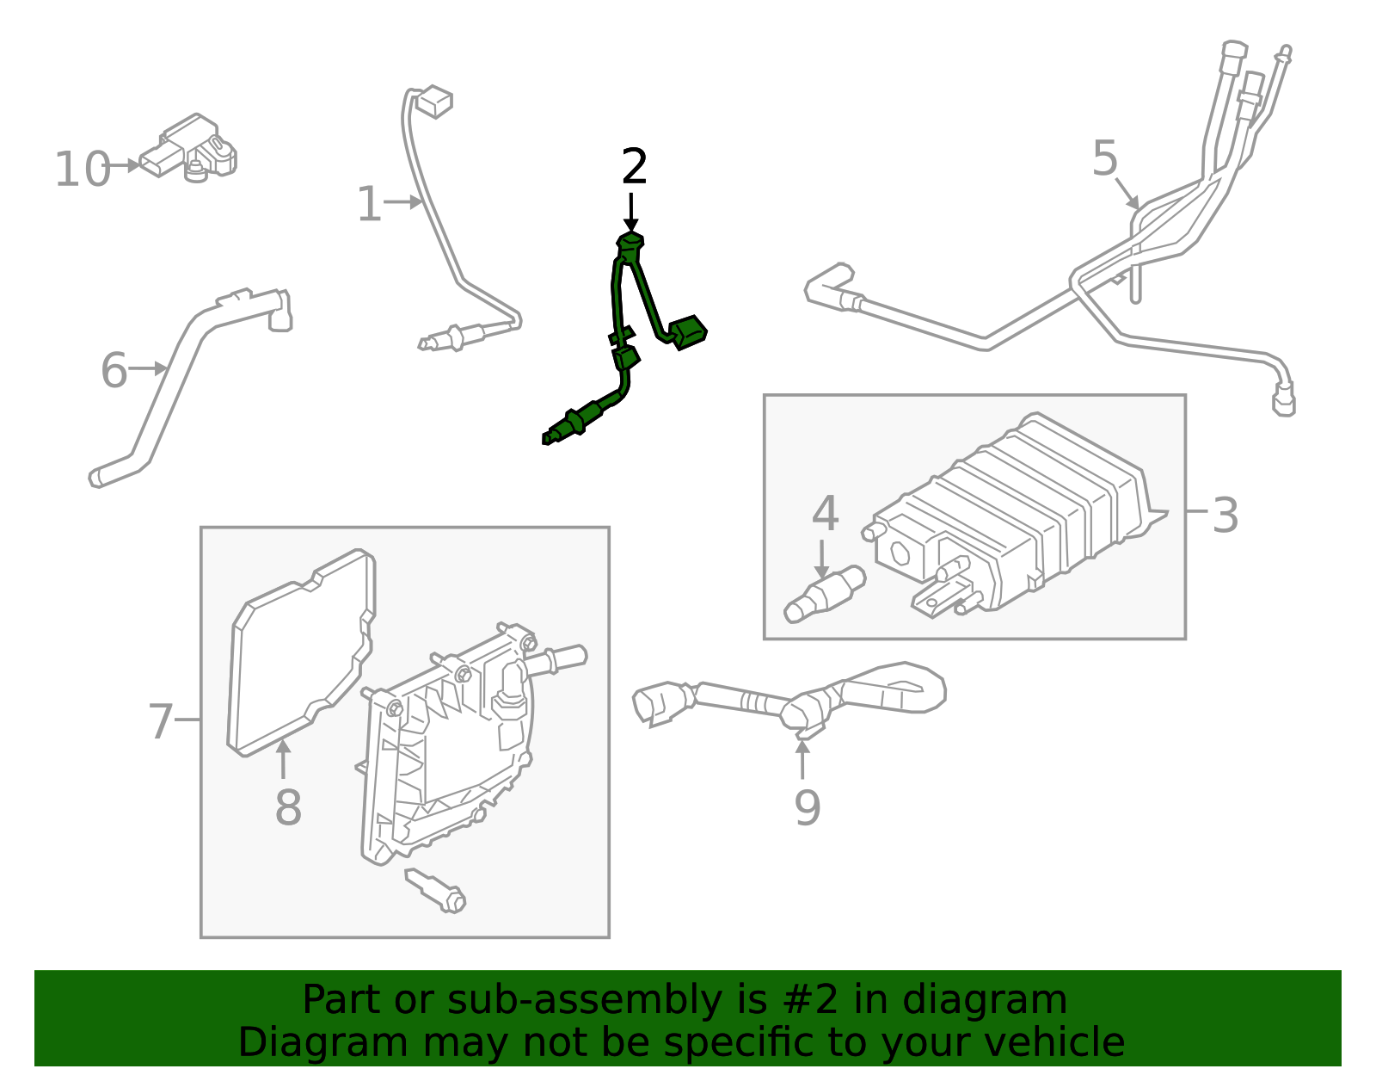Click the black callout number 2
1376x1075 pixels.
[634, 167]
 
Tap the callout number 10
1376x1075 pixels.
[83, 170]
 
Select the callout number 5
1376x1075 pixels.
[1105, 159]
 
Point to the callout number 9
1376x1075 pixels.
[807, 807]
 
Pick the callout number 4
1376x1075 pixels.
[825, 514]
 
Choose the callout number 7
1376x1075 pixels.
[161, 721]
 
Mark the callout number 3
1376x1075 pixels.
[1225, 516]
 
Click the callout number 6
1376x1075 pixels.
[114, 371]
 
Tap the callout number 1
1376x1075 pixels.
[369, 205]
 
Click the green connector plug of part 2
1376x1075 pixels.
[688, 332]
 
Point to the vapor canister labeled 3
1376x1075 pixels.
[1015, 516]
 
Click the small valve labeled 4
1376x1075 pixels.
[824, 595]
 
